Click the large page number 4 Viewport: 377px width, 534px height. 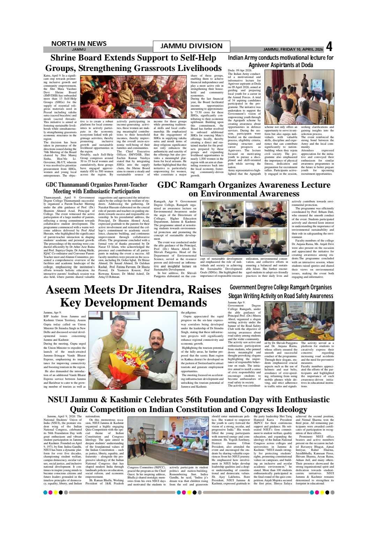click(329, 46)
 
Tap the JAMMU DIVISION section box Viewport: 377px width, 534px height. click(191, 46)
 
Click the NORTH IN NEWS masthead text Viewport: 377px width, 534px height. click(79, 43)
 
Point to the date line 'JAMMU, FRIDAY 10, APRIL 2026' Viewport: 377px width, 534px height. click(293, 49)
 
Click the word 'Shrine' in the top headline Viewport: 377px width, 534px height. click(66, 58)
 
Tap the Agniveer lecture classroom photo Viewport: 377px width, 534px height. click(299, 97)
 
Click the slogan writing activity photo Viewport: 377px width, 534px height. click(299, 321)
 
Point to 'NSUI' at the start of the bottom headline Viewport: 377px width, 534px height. click(57, 399)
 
